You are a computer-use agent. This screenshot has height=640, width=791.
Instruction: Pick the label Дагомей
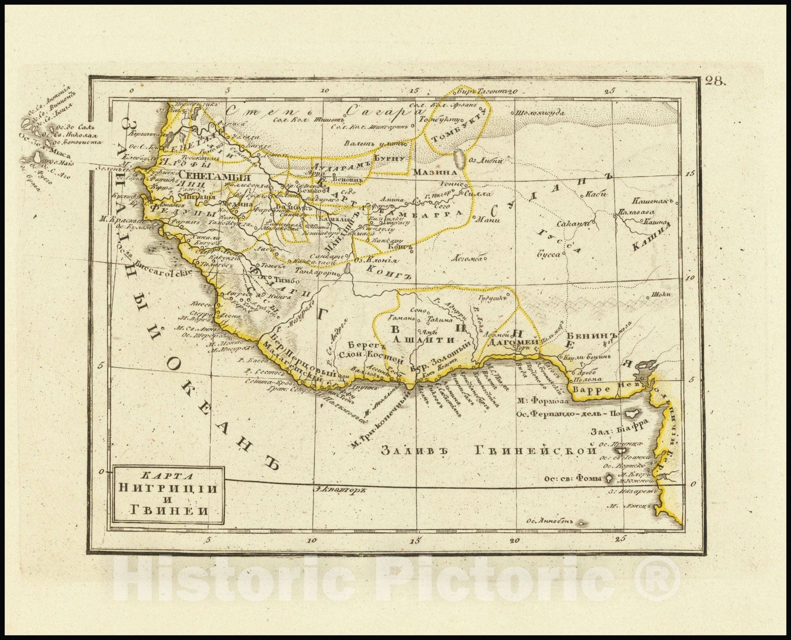pyautogui.click(x=511, y=341)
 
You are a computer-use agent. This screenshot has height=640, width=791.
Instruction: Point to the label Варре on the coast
pyautogui.click(x=591, y=389)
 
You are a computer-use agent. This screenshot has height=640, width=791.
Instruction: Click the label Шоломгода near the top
pyautogui.click(x=540, y=113)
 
